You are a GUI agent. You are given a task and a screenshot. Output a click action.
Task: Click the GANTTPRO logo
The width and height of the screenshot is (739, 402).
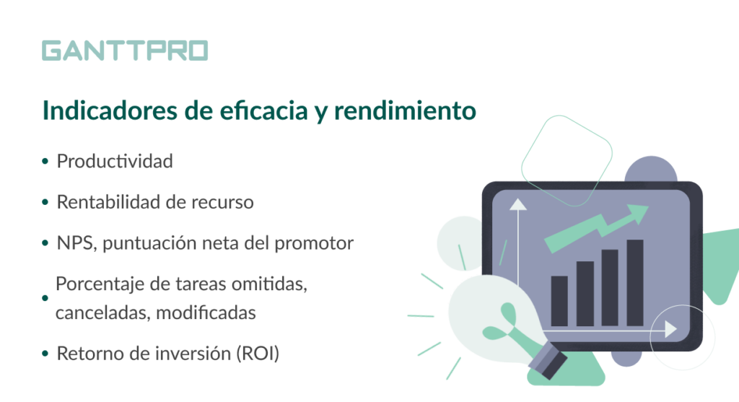(x=125, y=51)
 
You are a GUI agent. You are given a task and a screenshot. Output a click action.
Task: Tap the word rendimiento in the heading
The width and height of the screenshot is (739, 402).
(x=405, y=110)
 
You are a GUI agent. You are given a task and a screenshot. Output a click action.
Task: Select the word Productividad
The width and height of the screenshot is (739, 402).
(x=115, y=161)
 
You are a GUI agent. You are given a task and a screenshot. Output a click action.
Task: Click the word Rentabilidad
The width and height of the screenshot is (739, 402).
(x=108, y=202)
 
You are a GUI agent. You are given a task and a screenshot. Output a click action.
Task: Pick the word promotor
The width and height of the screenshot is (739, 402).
(x=314, y=244)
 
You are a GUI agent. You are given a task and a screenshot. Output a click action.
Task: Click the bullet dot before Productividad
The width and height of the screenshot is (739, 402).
(x=45, y=162)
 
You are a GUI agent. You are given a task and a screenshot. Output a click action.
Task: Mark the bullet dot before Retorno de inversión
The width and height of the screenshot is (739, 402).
(x=45, y=354)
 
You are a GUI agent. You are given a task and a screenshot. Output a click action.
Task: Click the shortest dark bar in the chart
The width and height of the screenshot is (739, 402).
(x=559, y=301)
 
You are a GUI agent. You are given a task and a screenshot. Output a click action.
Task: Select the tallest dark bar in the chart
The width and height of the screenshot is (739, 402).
(x=635, y=283)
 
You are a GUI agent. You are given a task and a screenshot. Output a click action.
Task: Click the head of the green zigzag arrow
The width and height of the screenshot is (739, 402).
(x=637, y=214)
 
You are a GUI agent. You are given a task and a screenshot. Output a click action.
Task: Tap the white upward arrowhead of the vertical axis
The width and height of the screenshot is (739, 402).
(x=518, y=204)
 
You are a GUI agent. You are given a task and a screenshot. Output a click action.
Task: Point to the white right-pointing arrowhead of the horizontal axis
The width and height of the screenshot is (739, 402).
(x=671, y=329)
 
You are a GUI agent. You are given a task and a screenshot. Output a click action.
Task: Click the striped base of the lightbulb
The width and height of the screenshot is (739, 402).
(x=548, y=361)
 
